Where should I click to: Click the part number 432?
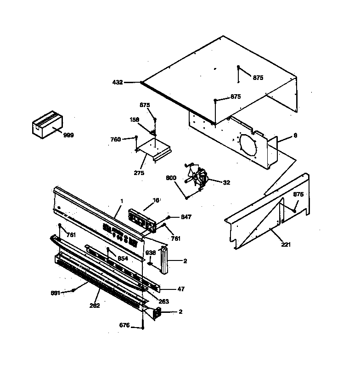(118, 82)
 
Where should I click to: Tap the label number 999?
(68, 135)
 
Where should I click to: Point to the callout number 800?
(171, 177)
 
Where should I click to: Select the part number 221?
(286, 244)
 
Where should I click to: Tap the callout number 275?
(139, 173)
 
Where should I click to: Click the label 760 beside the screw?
(116, 139)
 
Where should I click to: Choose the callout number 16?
(156, 201)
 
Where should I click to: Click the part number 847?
(186, 216)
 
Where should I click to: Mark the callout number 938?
(151, 252)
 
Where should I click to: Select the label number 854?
(122, 259)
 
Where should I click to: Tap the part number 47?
(181, 289)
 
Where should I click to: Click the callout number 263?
(163, 301)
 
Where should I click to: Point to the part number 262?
(95, 305)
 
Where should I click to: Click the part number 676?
(124, 326)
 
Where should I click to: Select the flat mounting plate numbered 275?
(154, 149)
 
